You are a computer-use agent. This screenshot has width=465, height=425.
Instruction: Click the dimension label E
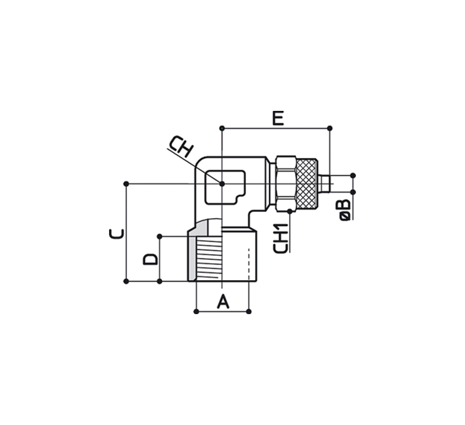click(x=278, y=118)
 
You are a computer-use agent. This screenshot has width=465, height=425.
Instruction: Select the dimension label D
click(x=151, y=259)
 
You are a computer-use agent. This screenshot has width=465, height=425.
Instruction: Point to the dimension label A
click(x=223, y=301)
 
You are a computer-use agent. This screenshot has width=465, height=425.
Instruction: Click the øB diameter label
click(x=344, y=210)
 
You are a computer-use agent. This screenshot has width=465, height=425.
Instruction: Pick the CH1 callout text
click(x=280, y=238)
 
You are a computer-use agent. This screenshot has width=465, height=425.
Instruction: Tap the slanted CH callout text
click(x=181, y=146)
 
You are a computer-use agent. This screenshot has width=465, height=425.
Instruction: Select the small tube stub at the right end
click(x=325, y=184)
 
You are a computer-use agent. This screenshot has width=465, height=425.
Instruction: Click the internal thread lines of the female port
click(x=209, y=259)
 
